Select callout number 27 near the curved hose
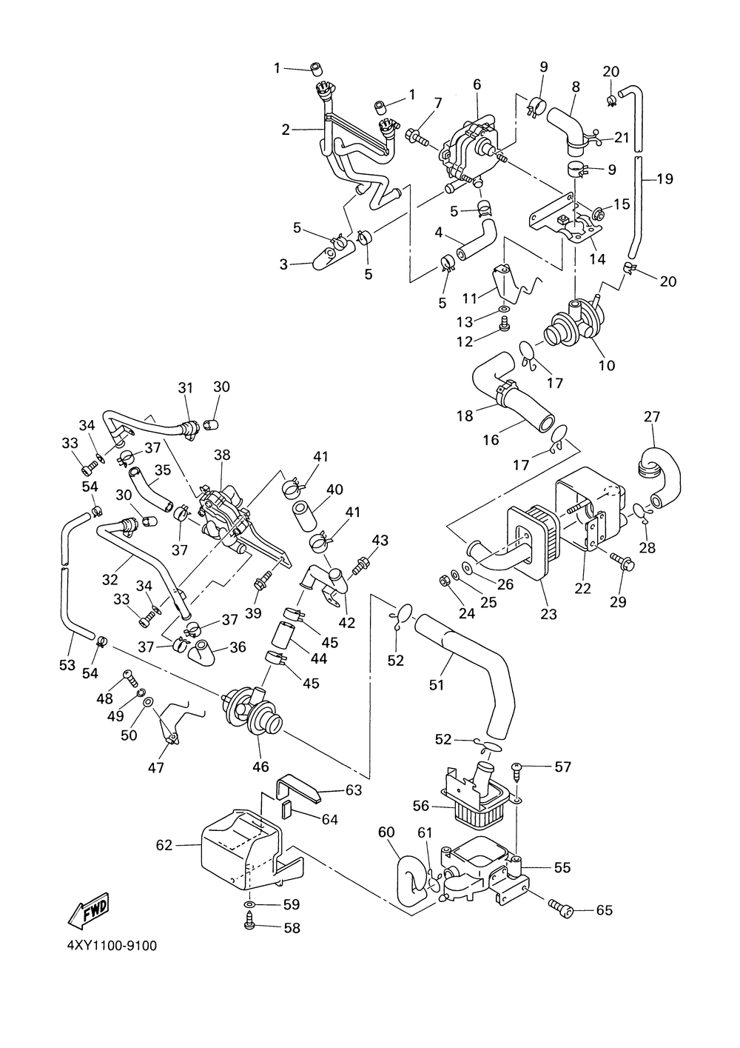(x=652, y=416)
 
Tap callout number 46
(x=260, y=767)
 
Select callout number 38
(x=222, y=455)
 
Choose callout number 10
(x=607, y=365)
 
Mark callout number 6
(x=477, y=84)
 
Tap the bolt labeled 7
(x=417, y=136)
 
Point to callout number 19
(x=665, y=178)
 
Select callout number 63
(x=354, y=790)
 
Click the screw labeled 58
(x=249, y=927)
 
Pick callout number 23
(x=548, y=613)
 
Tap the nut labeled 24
(x=445, y=581)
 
